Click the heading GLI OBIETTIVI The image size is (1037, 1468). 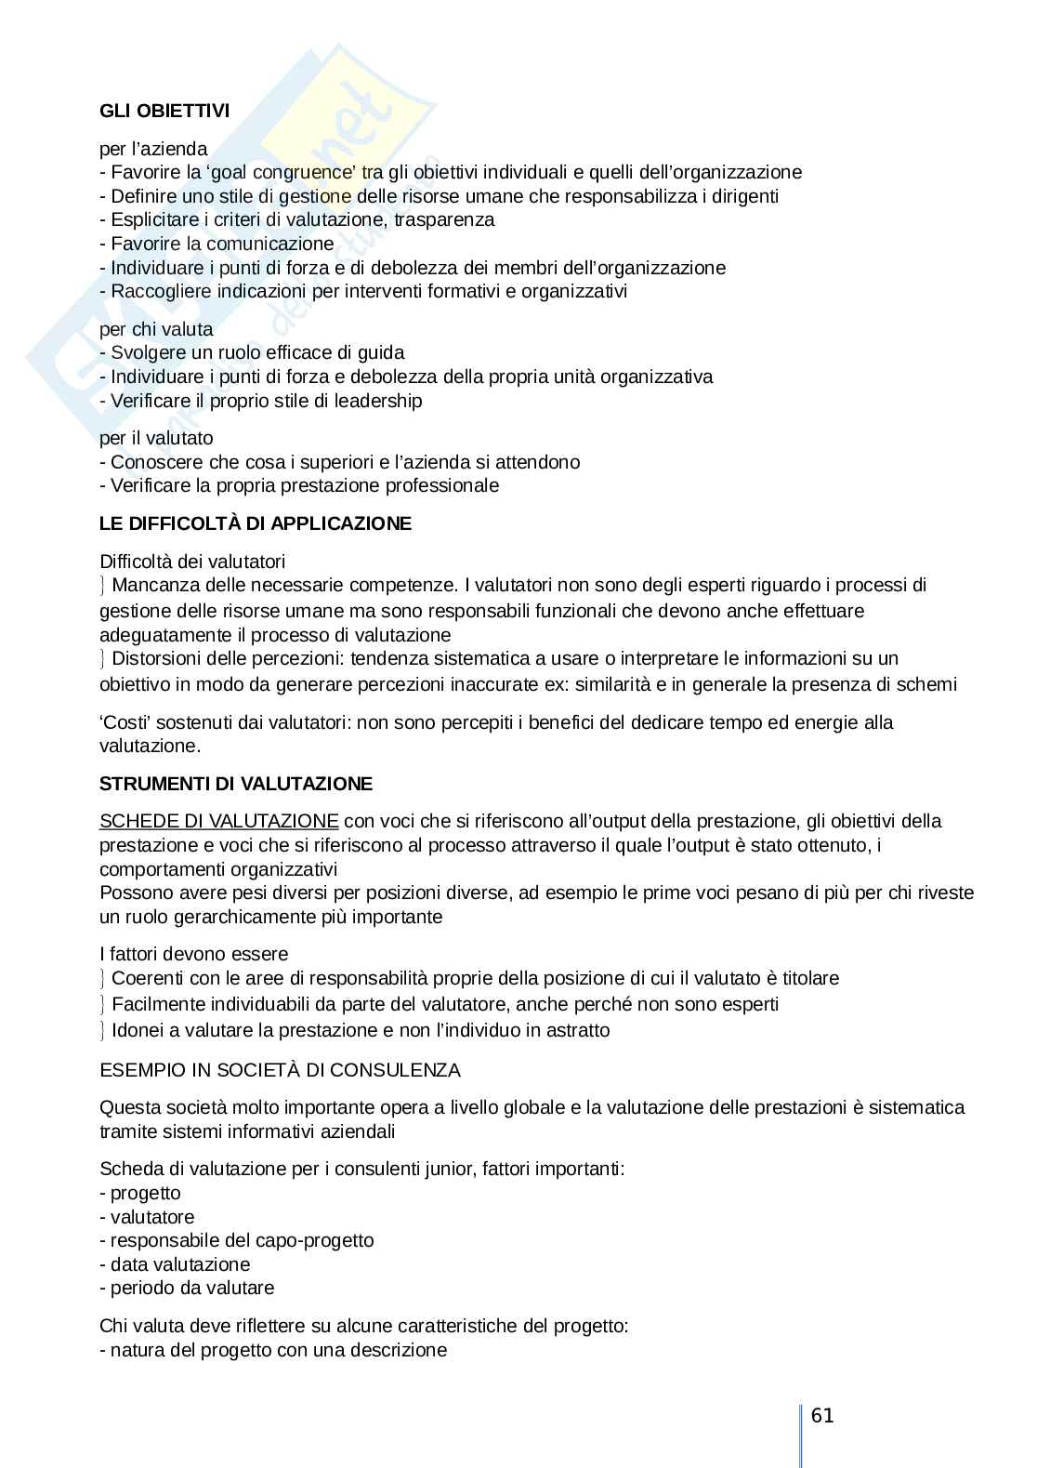tap(164, 111)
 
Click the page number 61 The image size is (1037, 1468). tap(822, 1416)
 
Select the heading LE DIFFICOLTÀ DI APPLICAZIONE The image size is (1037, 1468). tap(255, 523)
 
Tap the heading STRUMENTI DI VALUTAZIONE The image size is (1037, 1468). tap(236, 784)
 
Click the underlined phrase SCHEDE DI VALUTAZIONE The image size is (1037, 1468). tap(219, 821)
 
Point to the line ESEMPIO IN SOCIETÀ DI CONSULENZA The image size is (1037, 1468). tap(280, 1070)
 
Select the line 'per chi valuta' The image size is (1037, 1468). tap(156, 329)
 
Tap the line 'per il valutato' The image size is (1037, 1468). tap(156, 438)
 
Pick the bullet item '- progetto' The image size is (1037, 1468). tap(140, 1193)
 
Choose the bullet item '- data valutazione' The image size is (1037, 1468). tap(175, 1264)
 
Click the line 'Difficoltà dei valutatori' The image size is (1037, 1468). tap(192, 562)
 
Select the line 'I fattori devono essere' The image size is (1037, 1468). tap(193, 954)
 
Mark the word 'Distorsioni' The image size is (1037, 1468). tap(156, 658)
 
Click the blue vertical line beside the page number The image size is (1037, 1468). tap(800, 1432)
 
